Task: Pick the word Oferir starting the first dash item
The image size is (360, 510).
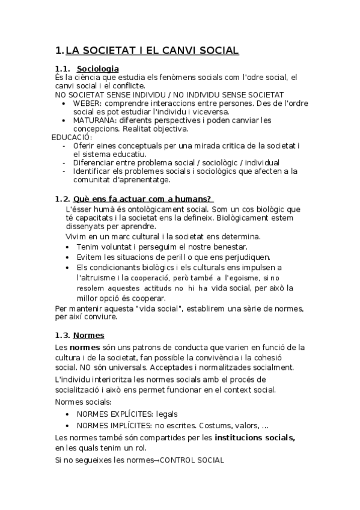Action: coord(84,146)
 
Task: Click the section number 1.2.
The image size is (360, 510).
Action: coord(62,199)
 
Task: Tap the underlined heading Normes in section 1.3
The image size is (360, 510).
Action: coord(88,335)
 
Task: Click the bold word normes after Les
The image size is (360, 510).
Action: coord(82,347)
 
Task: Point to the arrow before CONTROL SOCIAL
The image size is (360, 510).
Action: coord(159,460)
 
